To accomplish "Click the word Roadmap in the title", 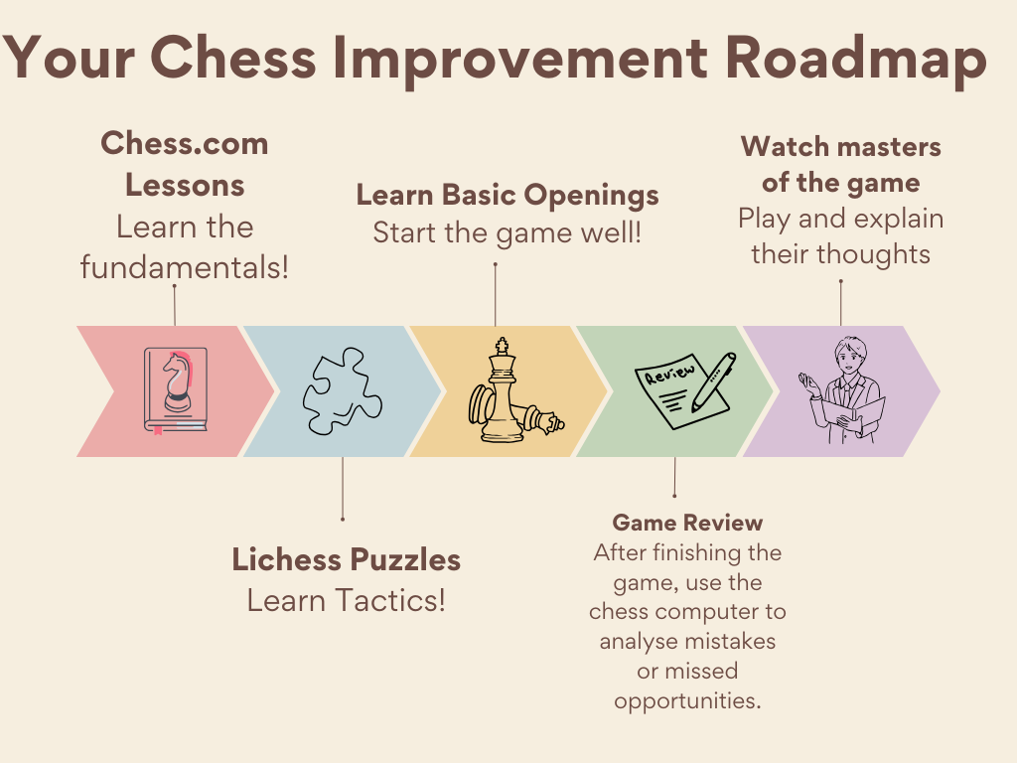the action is pos(855,60).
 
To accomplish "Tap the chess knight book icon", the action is pos(176,390).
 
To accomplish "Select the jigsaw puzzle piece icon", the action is pos(343,390).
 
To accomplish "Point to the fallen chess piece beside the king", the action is pos(537,418).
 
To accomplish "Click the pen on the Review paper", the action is pos(713,382).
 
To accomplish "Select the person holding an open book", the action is pos(842,390).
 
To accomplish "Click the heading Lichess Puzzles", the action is pos(347,559).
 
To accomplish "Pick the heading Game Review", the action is pos(687,523).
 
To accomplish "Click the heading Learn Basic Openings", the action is pos(508,196).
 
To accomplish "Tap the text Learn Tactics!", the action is pos(347,600).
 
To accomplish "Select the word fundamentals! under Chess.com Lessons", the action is pos(185,267).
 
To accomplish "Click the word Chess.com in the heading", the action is pos(185,143).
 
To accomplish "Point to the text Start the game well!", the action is pos(508,232).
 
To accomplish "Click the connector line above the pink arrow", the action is pos(175,305).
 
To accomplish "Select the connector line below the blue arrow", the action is pos(343,489).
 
